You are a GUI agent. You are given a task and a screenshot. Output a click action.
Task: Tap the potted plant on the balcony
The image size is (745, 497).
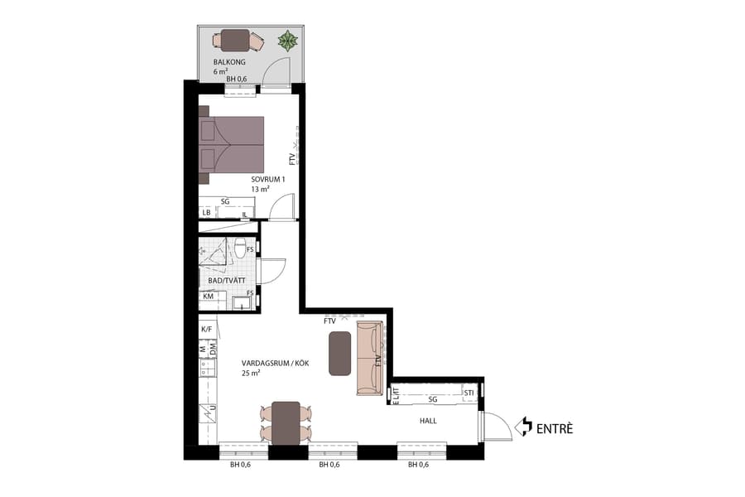pyautogui.click(x=287, y=40)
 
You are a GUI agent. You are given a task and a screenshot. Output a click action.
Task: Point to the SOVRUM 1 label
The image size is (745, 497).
pyautogui.click(x=269, y=180)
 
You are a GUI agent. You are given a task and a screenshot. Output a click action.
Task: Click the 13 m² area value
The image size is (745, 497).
pyautogui.click(x=260, y=190)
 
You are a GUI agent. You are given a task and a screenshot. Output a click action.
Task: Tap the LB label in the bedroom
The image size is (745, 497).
pyautogui.click(x=206, y=213)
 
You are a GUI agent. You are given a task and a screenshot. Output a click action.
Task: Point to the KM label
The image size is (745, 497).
pyautogui.click(x=208, y=295)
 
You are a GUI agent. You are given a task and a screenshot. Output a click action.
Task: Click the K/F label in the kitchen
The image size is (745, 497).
pyautogui.click(x=206, y=329)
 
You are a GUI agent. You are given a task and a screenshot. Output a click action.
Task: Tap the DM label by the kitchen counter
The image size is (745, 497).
pyautogui.click(x=212, y=351)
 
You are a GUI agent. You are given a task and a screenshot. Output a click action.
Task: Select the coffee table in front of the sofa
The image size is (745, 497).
pyautogui.click(x=340, y=354)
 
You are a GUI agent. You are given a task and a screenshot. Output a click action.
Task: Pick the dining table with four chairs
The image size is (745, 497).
pyautogui.click(x=286, y=422)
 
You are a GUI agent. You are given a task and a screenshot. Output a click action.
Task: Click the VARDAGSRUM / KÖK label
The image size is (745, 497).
pyautogui.click(x=271, y=364)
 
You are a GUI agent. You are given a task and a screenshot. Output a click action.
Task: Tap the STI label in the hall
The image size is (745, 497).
pyautogui.click(x=469, y=393)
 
